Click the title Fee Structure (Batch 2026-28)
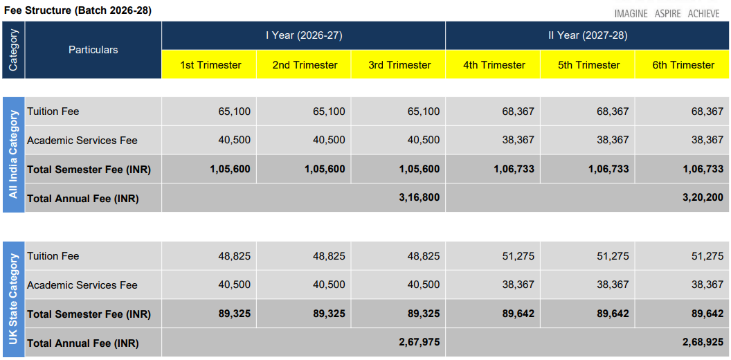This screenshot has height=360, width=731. (x=78, y=10)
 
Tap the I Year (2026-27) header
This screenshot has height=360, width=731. (x=304, y=35)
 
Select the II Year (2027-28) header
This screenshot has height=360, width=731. (x=588, y=35)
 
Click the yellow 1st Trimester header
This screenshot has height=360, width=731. (x=210, y=65)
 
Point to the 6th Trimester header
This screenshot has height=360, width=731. (x=683, y=65)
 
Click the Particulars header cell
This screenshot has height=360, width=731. (x=93, y=50)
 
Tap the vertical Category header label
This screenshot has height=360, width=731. (x=13, y=50)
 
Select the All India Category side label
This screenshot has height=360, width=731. (x=14, y=154)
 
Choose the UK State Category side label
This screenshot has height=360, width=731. (x=14, y=299)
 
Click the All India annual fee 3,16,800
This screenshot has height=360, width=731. (x=419, y=198)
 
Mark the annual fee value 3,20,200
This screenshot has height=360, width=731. (x=703, y=198)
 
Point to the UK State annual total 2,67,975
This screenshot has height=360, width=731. (x=419, y=343)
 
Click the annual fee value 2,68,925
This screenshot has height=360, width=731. (x=703, y=343)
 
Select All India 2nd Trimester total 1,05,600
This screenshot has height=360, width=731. (x=325, y=169)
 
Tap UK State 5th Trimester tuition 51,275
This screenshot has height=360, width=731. (x=613, y=256)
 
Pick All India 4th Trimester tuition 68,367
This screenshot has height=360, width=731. (x=518, y=111)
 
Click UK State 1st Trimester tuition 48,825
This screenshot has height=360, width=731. (x=235, y=256)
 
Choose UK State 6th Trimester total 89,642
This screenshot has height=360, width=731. (x=707, y=314)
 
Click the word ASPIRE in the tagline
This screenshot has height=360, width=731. (x=667, y=14)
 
